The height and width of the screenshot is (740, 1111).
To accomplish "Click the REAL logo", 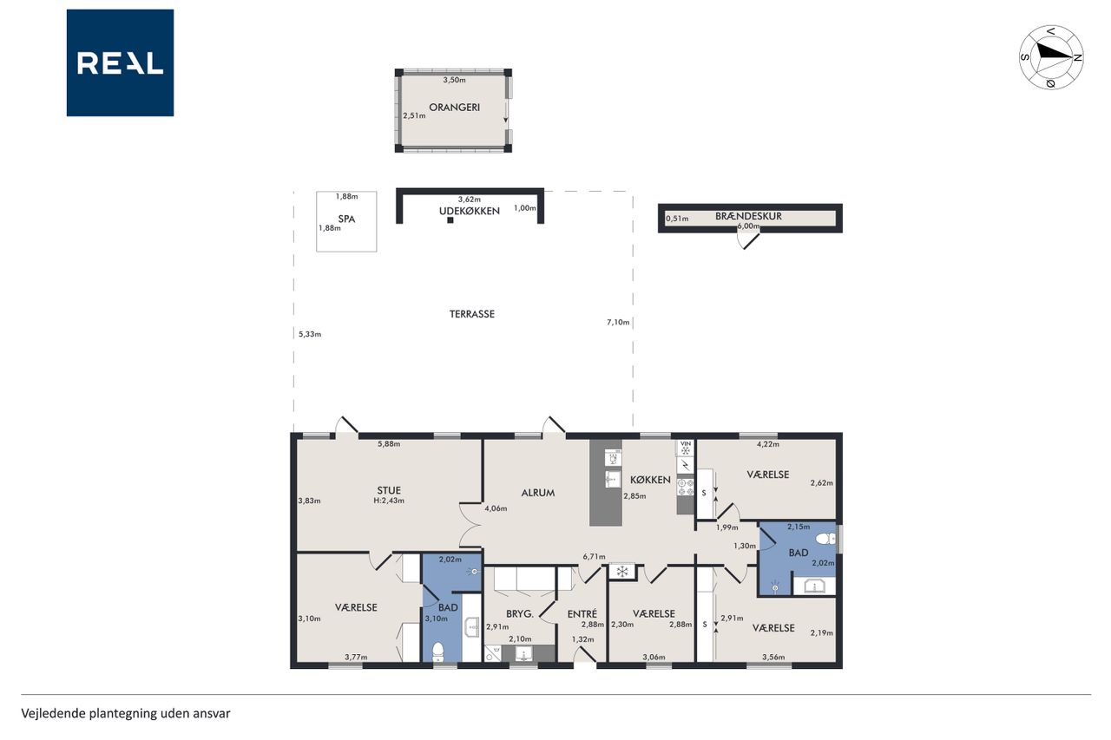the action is [120, 63].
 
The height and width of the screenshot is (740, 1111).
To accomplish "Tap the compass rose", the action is [1051, 57].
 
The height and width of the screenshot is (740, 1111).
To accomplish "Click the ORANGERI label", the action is [454, 107].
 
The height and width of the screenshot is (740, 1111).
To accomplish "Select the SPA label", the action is [346, 219].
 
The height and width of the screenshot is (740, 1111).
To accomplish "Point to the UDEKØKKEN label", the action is [470, 211].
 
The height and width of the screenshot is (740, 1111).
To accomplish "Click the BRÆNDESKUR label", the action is [748, 216].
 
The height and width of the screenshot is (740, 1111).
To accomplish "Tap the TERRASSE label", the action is [471, 314].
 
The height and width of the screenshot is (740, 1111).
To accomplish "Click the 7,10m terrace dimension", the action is [618, 322].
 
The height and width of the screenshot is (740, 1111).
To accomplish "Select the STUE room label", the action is [389, 490].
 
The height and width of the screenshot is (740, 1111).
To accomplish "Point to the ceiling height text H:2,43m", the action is [389, 501].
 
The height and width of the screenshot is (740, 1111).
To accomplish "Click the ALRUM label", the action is [537, 493].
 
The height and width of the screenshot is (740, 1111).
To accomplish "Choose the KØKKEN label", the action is [650, 480].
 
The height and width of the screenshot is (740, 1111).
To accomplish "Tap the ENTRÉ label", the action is [582, 613].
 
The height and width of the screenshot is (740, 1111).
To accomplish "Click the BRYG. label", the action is [520, 613].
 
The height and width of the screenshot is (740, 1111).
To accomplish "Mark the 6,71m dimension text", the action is [595, 557].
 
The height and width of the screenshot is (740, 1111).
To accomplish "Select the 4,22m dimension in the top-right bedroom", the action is [768, 444].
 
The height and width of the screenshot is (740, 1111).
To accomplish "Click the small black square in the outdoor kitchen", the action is [450, 220].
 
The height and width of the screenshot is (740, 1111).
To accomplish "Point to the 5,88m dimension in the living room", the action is [389, 444].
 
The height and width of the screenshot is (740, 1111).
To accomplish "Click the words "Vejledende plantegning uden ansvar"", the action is [126, 713].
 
